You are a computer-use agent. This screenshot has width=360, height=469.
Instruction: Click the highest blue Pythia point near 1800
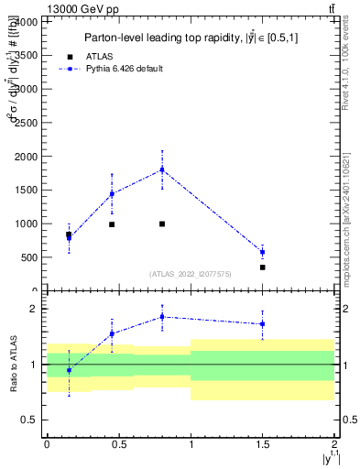pyautogui.click(x=162, y=169)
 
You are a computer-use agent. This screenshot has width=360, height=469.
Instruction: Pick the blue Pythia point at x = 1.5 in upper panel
pyautogui.click(x=262, y=252)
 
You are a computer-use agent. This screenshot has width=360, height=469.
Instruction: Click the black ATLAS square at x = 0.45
pyautogui.click(x=112, y=224)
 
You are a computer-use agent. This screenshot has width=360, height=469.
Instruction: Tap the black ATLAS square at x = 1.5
pyautogui.click(x=262, y=267)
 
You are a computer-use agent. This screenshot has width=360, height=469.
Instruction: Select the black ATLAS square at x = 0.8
pyautogui.click(x=162, y=224)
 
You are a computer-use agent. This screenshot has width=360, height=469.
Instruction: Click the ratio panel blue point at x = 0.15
pyautogui.click(x=69, y=370)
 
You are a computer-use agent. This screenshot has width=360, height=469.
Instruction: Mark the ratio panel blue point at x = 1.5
pyautogui.click(x=262, y=323)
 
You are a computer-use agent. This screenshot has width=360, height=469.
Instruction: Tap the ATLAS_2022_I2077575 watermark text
pyautogui.click(x=191, y=274)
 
